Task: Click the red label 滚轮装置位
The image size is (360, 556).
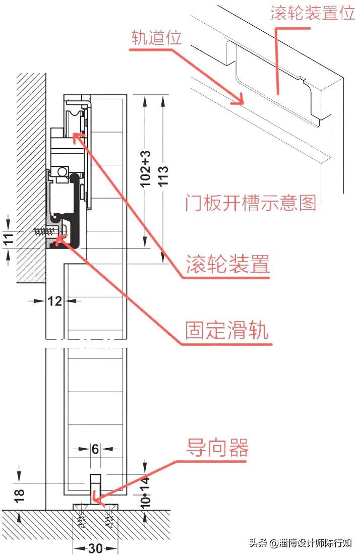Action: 313,13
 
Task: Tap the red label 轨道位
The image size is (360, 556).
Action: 156,38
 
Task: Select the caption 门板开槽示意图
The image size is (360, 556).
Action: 251,203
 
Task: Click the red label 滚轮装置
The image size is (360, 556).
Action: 228,264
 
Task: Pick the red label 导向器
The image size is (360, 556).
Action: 218,447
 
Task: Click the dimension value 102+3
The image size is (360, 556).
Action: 146,168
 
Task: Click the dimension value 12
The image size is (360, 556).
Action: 54,301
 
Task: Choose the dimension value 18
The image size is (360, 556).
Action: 18,491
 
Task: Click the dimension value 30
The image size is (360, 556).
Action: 96,548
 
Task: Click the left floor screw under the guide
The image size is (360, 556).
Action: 81,519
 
